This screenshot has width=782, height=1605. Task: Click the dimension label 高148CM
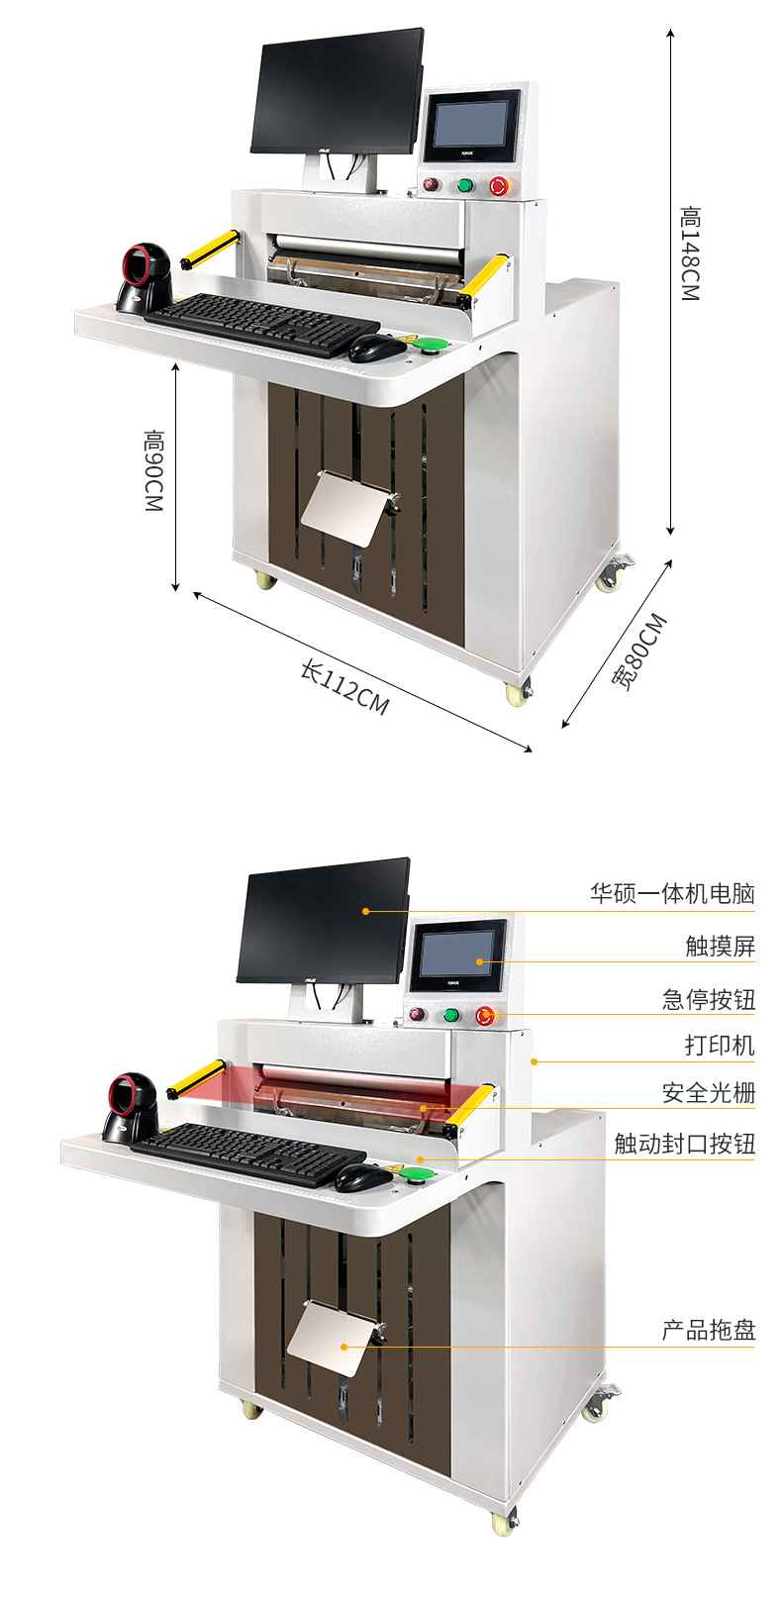tap(690, 253)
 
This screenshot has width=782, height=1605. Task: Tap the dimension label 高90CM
tap(153, 470)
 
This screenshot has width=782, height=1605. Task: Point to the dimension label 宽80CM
tap(639, 652)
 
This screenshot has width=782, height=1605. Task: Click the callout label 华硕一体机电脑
tap(672, 894)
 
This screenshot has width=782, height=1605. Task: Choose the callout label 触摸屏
tap(720, 946)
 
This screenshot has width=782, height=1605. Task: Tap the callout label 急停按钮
tap(708, 999)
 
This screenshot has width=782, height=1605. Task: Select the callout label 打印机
tap(720, 1046)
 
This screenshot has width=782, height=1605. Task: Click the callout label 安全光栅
tap(708, 1092)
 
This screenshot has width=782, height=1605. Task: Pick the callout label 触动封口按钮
tap(684, 1144)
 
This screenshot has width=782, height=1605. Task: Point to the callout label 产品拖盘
tap(708, 1330)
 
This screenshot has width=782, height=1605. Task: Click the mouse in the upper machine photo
tap(377, 348)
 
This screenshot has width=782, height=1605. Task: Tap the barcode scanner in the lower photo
tap(132, 1107)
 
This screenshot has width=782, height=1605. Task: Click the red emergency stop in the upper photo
tap(499, 185)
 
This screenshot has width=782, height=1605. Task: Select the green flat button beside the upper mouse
tap(433, 345)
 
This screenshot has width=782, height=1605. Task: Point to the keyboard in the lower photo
tap(247, 1153)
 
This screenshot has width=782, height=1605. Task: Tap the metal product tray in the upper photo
tap(342, 508)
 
